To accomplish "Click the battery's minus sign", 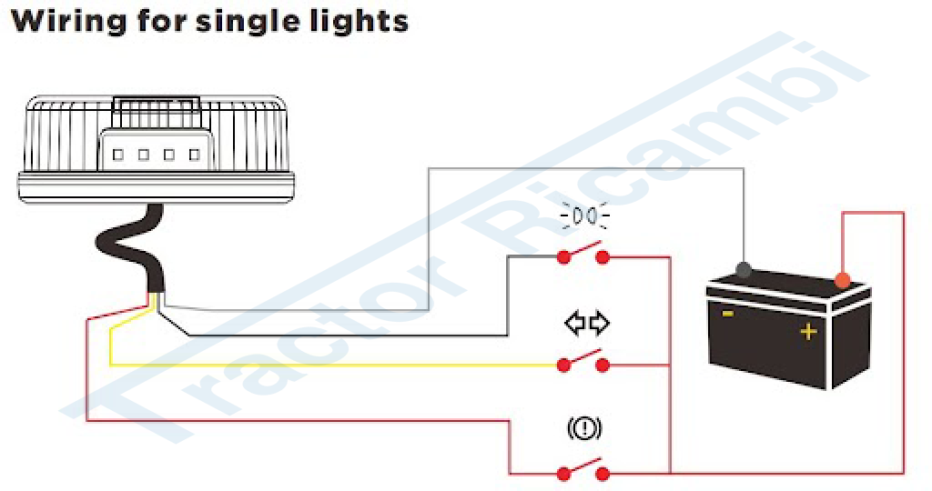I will pos(728,314).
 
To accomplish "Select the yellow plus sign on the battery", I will pos(807,332).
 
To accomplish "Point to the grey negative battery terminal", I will pos(744,269).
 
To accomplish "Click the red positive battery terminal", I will pos(842,279).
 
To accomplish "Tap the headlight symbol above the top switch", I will pos(585,216).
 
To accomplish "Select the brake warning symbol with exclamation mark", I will pos(584,427).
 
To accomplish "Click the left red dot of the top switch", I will pos(563,257).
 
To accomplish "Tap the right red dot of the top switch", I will pos(603,257).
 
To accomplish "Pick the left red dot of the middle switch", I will pos(563,365).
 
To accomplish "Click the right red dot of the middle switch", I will pos(603,365).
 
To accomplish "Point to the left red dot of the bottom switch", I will pos(563,473).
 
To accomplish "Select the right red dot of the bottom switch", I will pos(603,473).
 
